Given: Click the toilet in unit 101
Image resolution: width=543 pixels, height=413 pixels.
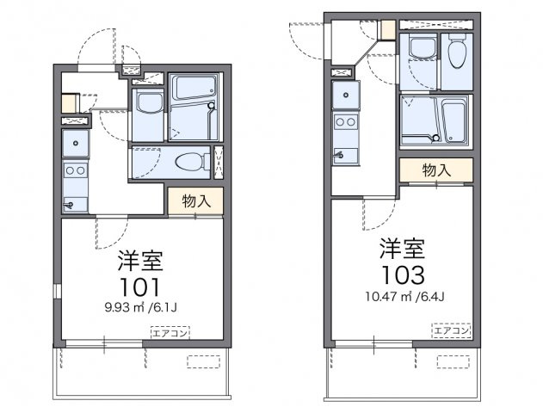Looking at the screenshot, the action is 192,162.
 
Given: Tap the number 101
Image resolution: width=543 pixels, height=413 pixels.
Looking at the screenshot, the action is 140,287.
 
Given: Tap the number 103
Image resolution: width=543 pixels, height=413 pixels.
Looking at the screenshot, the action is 403,274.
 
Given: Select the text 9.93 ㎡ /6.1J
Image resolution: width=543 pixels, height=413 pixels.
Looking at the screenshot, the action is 140,307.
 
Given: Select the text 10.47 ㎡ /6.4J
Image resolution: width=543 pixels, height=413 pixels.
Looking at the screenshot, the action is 404,296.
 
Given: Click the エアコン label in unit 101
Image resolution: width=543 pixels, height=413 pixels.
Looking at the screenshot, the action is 170,333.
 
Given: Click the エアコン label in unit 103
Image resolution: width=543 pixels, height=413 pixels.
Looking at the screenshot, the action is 451,330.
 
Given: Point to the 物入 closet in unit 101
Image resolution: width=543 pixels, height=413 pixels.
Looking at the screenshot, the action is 195,201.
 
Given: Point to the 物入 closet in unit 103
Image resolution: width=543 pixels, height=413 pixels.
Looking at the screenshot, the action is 436,170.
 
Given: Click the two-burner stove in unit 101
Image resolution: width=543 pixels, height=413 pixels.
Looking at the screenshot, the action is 76,170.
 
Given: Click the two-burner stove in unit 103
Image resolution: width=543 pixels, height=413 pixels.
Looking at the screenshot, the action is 346,122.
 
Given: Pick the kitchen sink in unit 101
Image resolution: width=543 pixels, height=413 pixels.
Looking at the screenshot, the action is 76,143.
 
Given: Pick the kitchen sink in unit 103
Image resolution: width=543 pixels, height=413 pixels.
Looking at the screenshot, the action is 346,95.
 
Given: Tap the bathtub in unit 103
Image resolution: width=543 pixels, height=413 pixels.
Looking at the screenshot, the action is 454,120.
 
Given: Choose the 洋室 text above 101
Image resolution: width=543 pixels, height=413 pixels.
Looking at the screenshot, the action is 140,261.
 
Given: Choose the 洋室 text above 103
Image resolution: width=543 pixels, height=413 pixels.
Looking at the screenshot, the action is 403,249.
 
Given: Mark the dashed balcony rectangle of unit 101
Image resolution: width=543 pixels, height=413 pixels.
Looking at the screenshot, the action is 204,361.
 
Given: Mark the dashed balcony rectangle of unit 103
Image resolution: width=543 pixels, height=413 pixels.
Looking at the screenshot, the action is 454,361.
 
